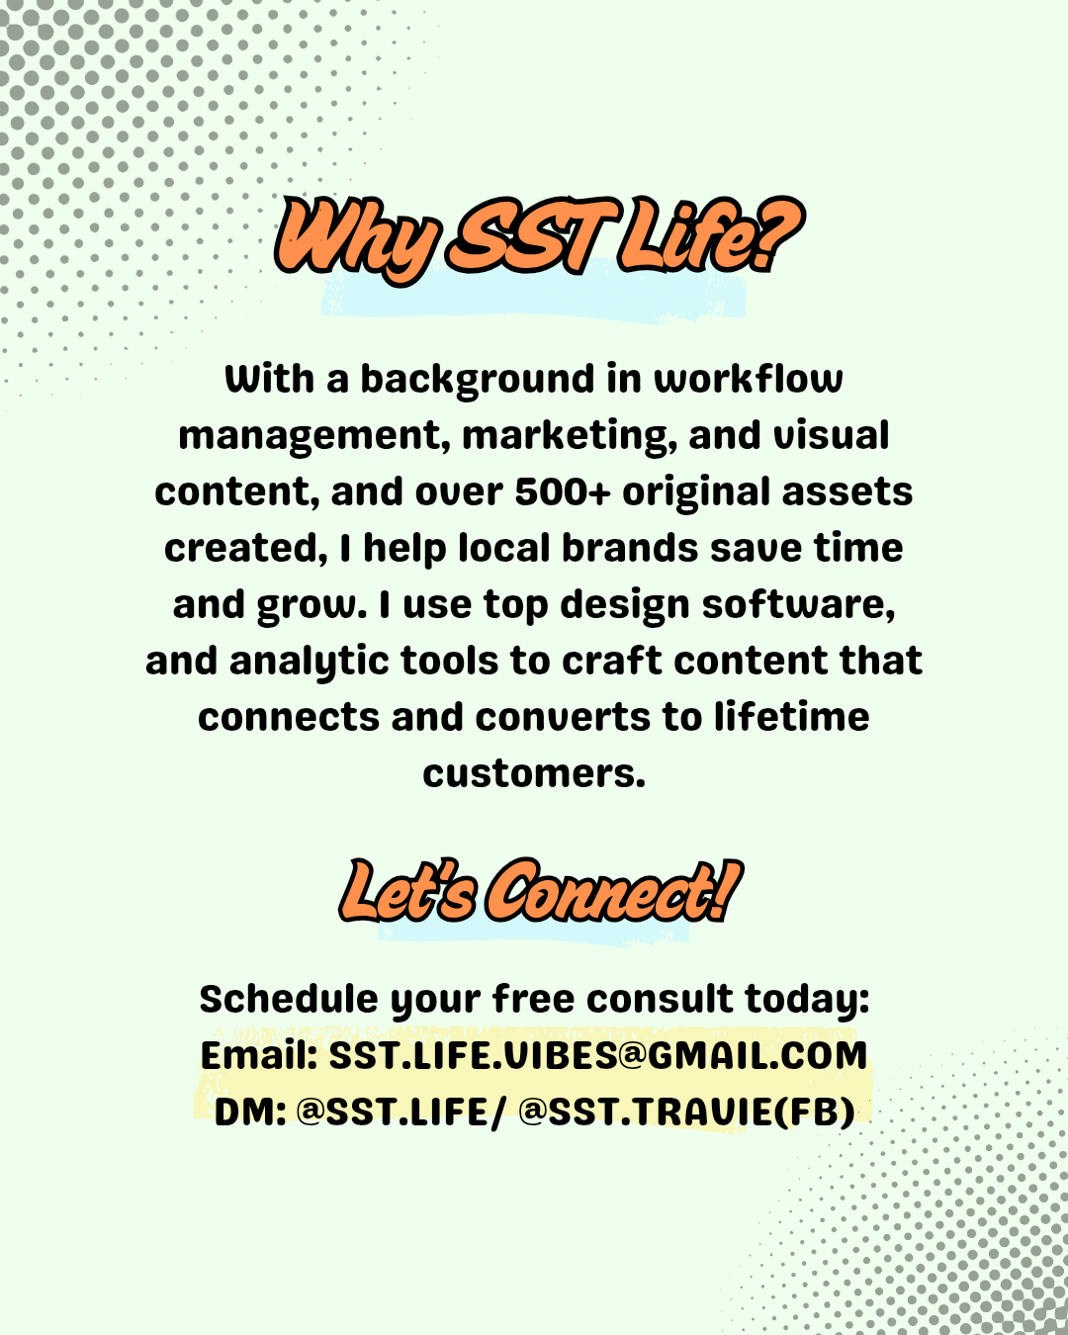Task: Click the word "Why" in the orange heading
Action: [357, 240]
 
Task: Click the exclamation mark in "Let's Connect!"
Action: [727, 891]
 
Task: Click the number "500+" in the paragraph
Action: [563, 491]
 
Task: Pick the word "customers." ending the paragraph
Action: [534, 774]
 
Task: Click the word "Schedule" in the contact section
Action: [289, 999]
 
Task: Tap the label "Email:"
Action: [259, 1055]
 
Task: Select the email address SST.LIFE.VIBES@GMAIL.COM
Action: [597, 1055]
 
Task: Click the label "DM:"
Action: [250, 1112]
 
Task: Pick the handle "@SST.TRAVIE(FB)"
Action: [686, 1112]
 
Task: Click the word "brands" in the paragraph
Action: [630, 549]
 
